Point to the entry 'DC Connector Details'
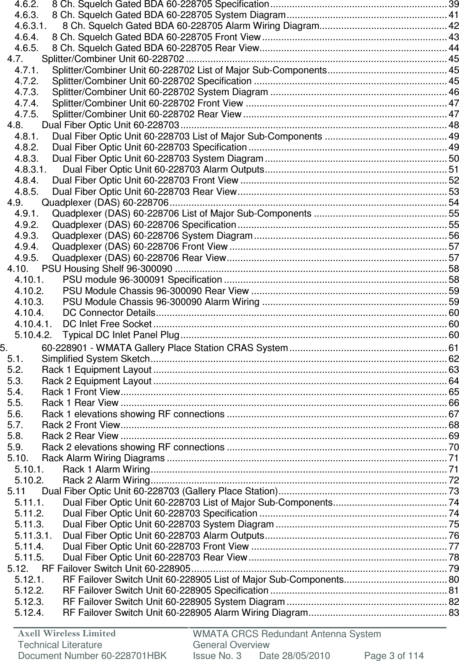coord(108,312)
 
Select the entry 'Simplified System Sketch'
coord(96,359)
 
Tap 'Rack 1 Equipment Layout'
coord(97,370)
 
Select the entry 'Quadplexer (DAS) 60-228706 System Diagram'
coord(152,235)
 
